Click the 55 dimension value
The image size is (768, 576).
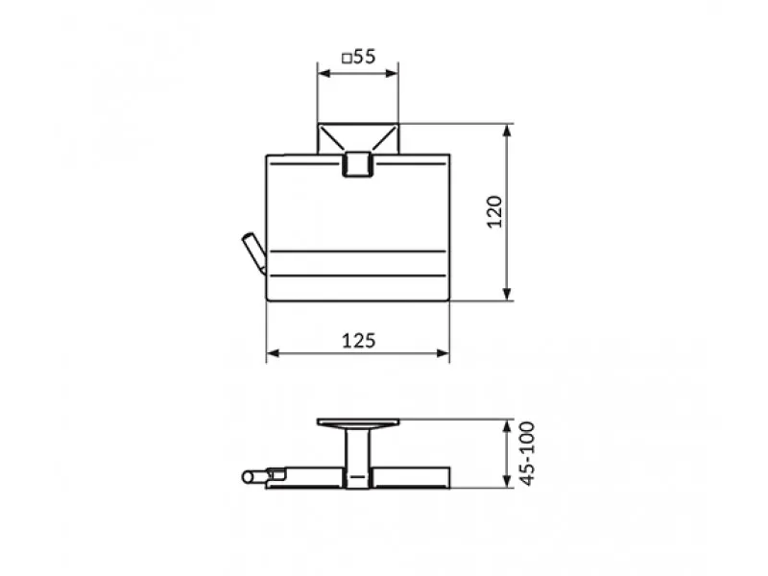[364, 57]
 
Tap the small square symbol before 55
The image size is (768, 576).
[347, 59]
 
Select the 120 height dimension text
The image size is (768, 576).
[494, 211]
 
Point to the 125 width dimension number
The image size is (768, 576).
[358, 341]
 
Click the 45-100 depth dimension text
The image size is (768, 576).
[527, 453]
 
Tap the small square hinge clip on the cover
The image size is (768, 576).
[358, 163]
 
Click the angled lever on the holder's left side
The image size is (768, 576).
[254, 253]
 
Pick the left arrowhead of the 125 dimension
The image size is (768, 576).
[273, 353]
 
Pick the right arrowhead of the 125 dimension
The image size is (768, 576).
[444, 353]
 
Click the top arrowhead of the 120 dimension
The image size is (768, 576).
[508, 131]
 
